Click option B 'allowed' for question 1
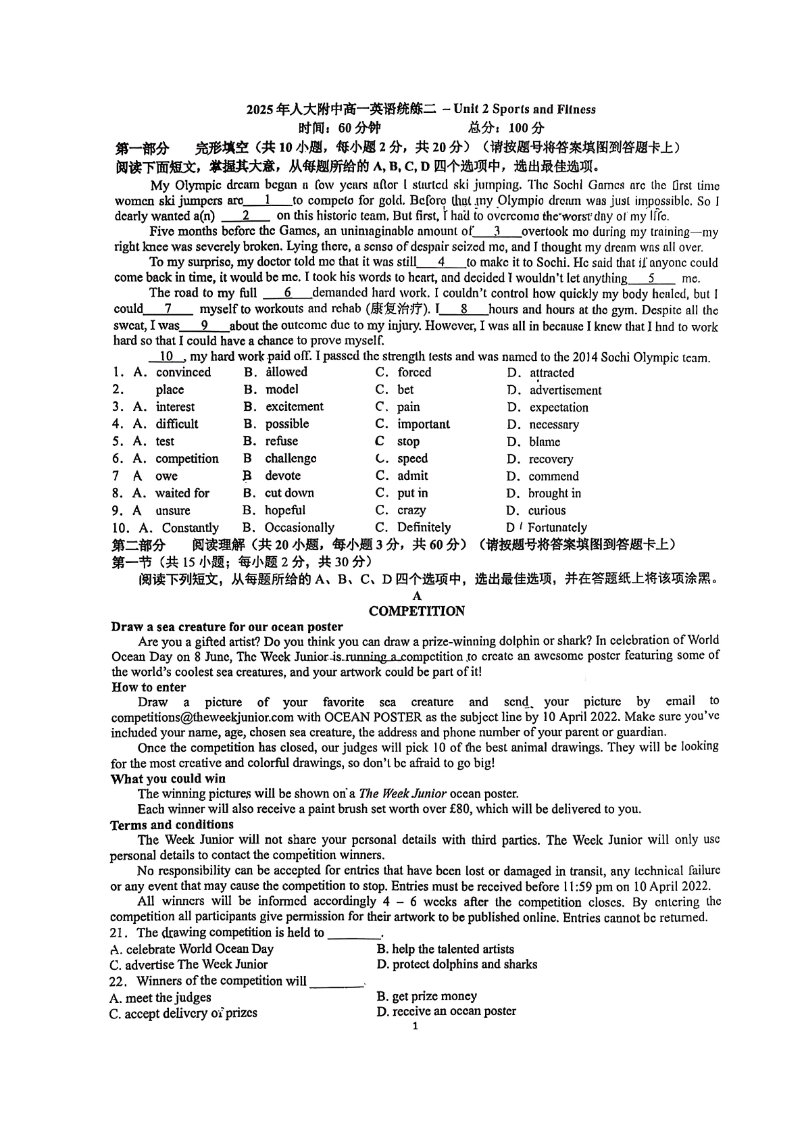pyautogui.click(x=286, y=372)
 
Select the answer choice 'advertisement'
pyautogui.click(x=565, y=390)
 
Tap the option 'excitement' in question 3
pyautogui.click(x=294, y=406)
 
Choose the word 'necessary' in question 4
pyautogui.click(x=553, y=424)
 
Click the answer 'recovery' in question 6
pyautogui.click(x=551, y=459)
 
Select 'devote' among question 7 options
pyautogui.click(x=282, y=476)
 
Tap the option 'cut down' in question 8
pyautogui.click(x=289, y=493)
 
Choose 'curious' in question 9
pyautogui.click(x=547, y=510)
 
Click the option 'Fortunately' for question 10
pyautogui.click(x=557, y=527)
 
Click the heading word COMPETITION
pyautogui.click(x=417, y=611)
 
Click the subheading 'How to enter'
pyautogui.click(x=148, y=687)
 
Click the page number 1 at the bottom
pyautogui.click(x=415, y=1026)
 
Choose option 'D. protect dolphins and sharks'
pyautogui.click(x=457, y=964)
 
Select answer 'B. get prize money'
pyautogui.click(x=426, y=996)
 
